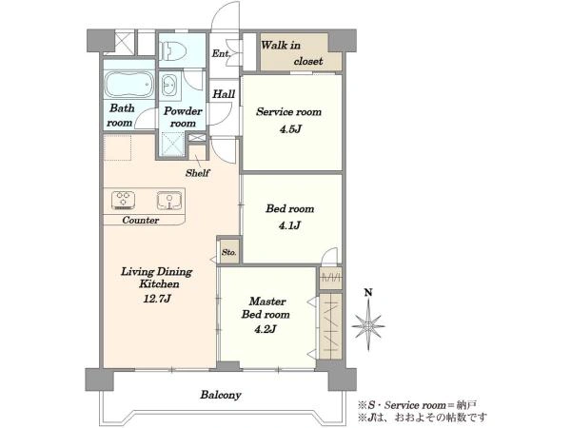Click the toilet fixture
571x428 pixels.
tap(174, 50)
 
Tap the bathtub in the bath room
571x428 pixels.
tap(129, 85)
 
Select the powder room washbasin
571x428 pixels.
tap(168, 86)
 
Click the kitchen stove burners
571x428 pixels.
tap(123, 200)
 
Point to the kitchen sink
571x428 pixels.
tap(169, 201)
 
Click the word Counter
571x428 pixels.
tap(141, 221)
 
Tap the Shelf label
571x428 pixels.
tap(197, 173)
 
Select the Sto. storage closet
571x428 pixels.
tap(229, 252)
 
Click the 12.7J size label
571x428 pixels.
tap(157, 299)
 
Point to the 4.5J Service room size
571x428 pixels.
tap(290, 129)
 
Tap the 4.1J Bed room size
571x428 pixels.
tap(289, 225)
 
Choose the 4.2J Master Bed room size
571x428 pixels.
tap(266, 329)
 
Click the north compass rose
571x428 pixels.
tap(368, 325)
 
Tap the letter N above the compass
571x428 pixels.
tap(368, 292)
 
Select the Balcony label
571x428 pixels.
tap(221, 395)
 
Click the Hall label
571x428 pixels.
tap(224, 94)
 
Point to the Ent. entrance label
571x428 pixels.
tap(222, 54)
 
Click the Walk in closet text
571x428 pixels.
tap(292, 53)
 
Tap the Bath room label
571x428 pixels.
tap(121, 115)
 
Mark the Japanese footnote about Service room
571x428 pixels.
tap(418, 405)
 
